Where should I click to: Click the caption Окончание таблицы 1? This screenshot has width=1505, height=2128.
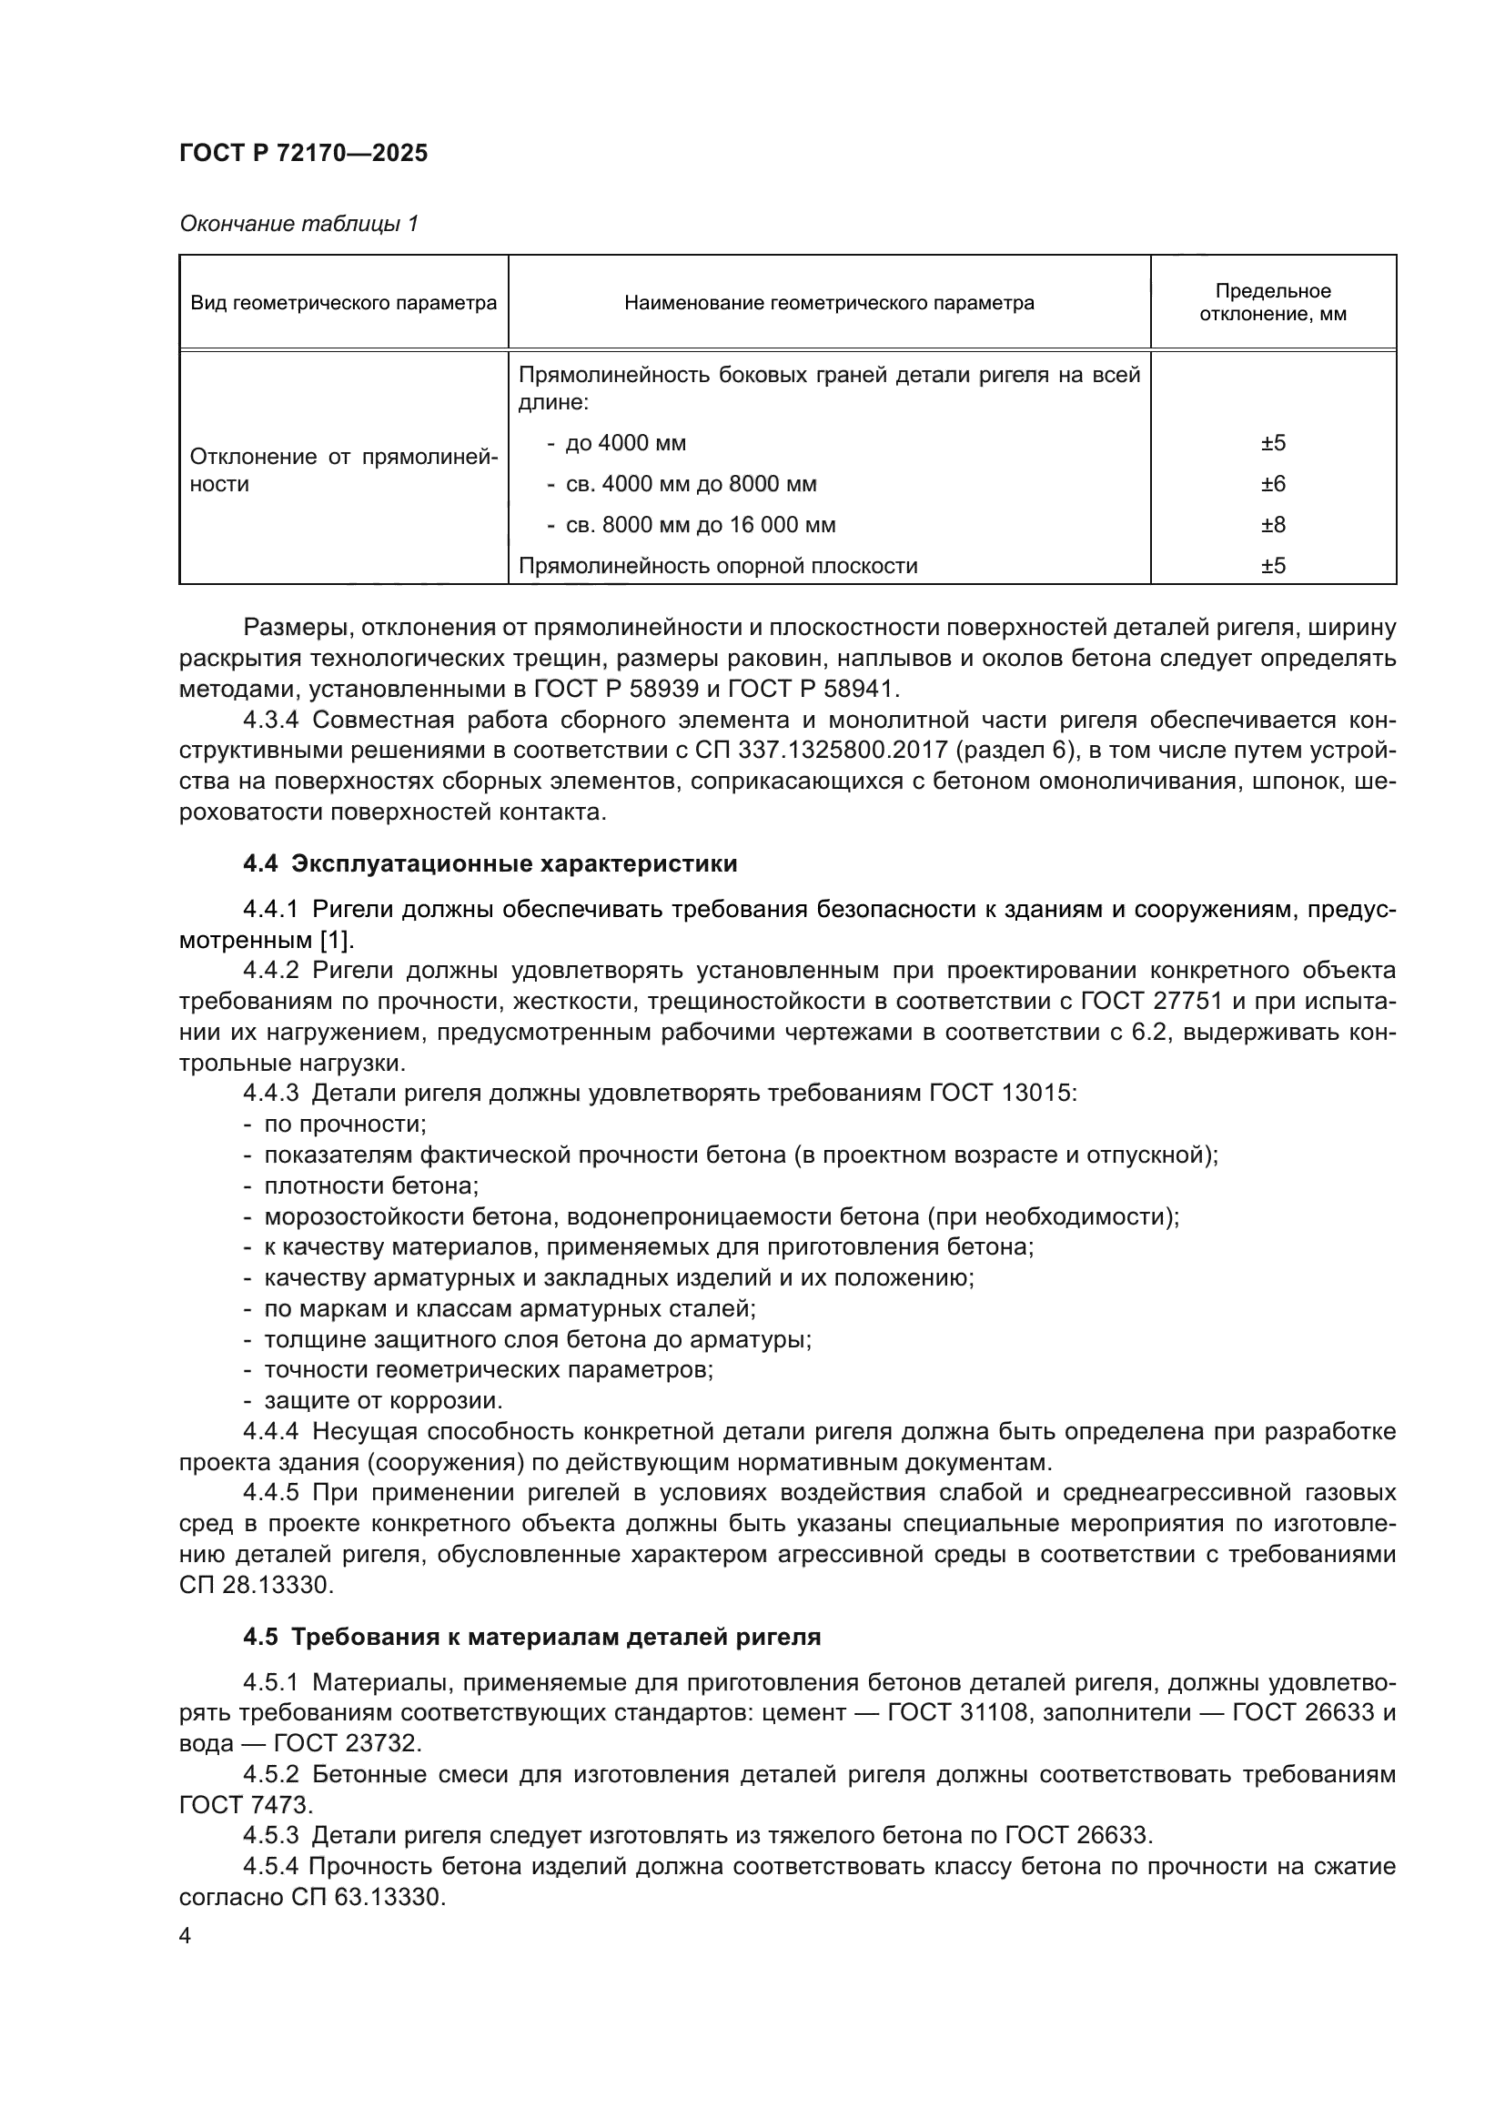(x=298, y=224)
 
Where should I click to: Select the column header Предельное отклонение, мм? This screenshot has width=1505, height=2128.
(x=1272, y=302)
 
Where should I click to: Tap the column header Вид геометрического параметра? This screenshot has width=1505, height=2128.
(x=343, y=303)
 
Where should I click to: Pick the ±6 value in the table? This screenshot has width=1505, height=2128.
(x=1272, y=484)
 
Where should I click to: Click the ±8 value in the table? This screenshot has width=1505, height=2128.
(x=1272, y=525)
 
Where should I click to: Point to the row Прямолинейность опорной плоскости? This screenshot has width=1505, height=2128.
(x=717, y=565)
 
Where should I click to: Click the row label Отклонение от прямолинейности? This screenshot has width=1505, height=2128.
(x=343, y=469)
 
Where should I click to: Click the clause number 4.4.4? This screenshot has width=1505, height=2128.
(x=270, y=1431)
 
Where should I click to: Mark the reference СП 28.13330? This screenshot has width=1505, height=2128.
(x=254, y=1585)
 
